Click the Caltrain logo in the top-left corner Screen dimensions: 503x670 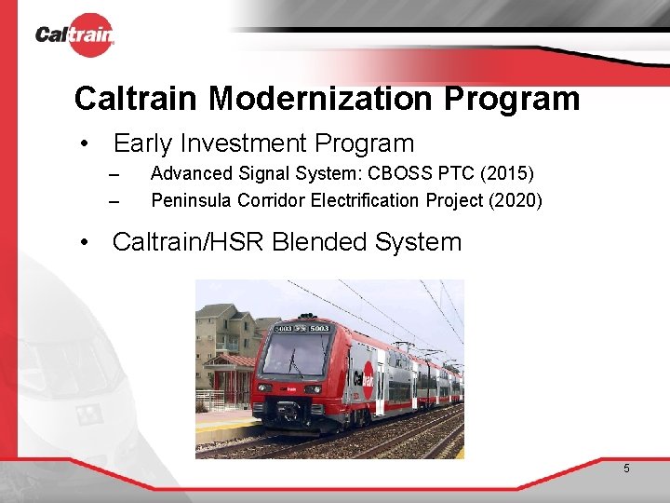click(74, 35)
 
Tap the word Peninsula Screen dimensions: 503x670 click(192, 200)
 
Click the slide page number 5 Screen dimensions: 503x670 click(626, 469)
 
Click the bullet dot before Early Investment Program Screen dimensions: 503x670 click(85, 144)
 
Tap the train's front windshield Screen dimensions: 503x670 click(297, 355)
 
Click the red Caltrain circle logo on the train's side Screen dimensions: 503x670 click(367, 377)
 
